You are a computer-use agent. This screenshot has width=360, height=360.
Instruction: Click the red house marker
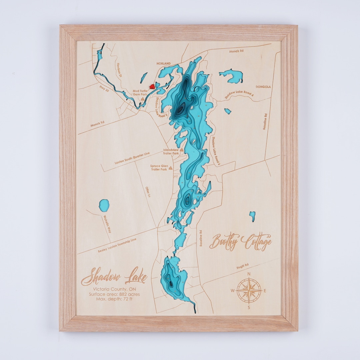152,86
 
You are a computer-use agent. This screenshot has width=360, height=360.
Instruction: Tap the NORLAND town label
164,63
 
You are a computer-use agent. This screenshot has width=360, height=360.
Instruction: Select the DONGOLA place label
263,87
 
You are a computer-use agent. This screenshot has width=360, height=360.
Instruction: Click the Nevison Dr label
118,71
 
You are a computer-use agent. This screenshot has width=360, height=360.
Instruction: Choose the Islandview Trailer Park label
171,152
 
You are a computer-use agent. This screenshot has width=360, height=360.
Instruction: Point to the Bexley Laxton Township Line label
117,245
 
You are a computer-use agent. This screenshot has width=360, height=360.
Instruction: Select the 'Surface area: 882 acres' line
114,294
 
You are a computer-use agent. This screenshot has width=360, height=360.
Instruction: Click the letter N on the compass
249,274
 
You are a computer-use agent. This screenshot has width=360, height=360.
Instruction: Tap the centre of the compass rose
249,290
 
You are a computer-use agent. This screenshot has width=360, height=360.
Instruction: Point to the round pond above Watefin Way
104,205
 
